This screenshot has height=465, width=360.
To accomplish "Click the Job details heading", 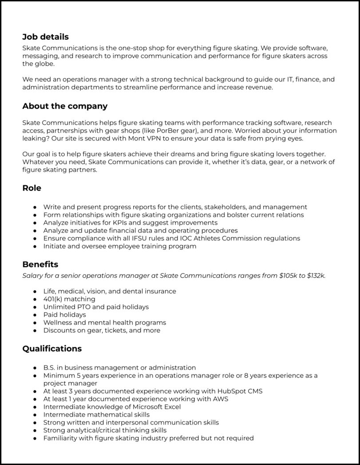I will pyautogui.click(x=45, y=37).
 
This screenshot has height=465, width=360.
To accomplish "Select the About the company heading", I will pyautogui.click(x=65, y=106).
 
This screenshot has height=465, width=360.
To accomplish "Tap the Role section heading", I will pyautogui.click(x=32, y=188).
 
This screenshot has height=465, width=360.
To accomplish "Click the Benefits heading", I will pyautogui.click(x=40, y=264).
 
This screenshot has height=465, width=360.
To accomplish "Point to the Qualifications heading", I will pyautogui.click(x=52, y=348).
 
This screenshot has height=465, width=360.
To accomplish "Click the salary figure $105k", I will pyautogui.click(x=288, y=276).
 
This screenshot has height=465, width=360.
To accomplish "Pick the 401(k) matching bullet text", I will pyautogui.click(x=69, y=299).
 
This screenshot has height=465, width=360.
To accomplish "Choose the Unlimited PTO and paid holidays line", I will pyautogui.click(x=96, y=307).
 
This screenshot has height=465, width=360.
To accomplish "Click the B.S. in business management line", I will pyautogui.click(x=119, y=367).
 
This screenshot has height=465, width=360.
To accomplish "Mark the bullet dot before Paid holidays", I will pyautogui.click(x=35, y=315).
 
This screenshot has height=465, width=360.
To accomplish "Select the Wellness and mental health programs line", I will pyautogui.click(x=105, y=323).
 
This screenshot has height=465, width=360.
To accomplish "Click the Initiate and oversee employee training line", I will pyautogui.click(x=120, y=246).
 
